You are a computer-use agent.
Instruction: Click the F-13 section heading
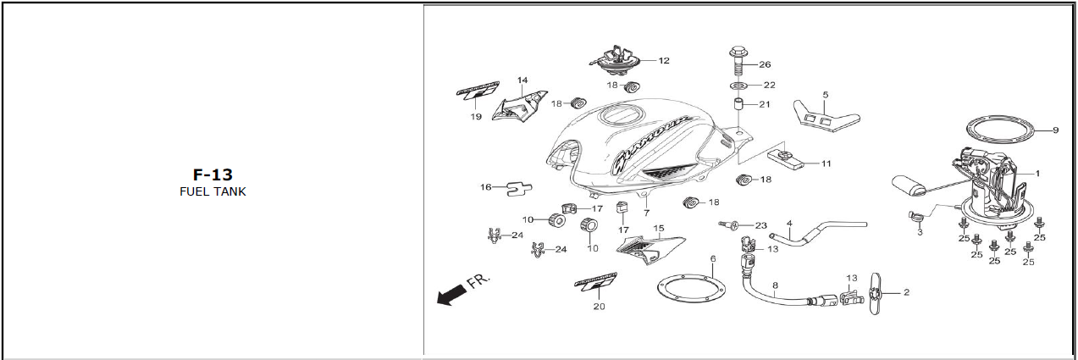pyautogui.click(x=213, y=175)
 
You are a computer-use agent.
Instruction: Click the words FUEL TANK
pyautogui.click(x=213, y=191)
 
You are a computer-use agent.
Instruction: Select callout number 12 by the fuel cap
pyautogui.click(x=664, y=61)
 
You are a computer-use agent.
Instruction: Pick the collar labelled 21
pyautogui.click(x=739, y=108)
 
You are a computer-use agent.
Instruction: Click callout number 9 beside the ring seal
pyautogui.click(x=1055, y=130)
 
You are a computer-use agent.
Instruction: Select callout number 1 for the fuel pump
pyautogui.click(x=1037, y=173)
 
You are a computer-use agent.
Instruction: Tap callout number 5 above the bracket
pyautogui.click(x=825, y=94)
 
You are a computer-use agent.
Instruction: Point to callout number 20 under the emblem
pyautogui.click(x=599, y=307)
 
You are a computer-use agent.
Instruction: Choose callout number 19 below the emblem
pyautogui.click(x=476, y=116)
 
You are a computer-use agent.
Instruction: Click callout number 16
pyautogui.click(x=485, y=187)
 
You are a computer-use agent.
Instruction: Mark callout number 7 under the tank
pyautogui.click(x=646, y=213)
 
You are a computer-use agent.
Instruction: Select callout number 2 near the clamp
pyautogui.click(x=906, y=292)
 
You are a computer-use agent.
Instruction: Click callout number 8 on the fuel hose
pyautogui.click(x=774, y=286)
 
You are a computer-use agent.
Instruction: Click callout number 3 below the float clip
pyautogui.click(x=920, y=232)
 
